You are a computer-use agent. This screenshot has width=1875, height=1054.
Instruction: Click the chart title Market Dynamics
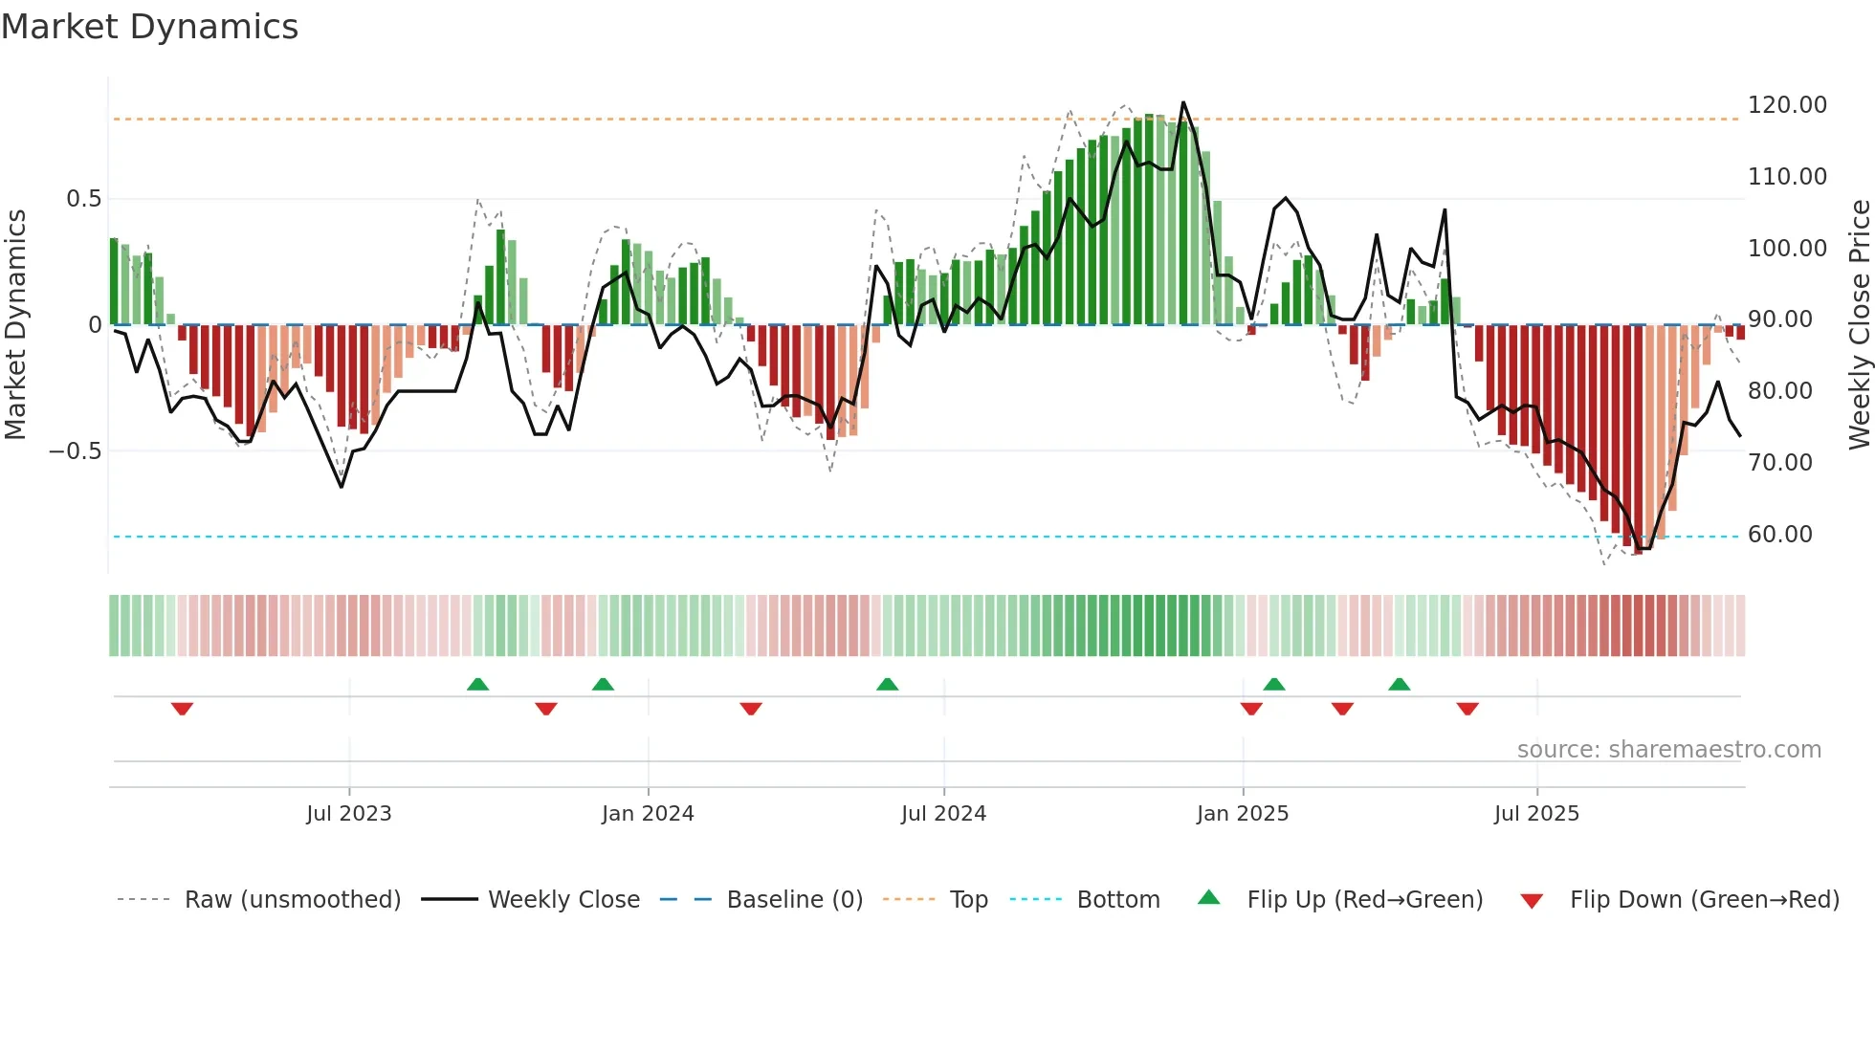pyautogui.click(x=149, y=27)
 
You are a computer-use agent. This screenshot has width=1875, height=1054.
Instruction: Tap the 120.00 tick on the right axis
pyautogui.click(x=1786, y=105)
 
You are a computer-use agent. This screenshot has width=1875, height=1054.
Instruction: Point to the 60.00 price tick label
pyautogui.click(x=1779, y=535)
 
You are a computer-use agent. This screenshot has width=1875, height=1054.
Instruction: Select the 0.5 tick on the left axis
pyautogui.click(x=83, y=199)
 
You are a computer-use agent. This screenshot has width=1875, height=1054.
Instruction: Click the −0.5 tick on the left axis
pyautogui.click(x=75, y=451)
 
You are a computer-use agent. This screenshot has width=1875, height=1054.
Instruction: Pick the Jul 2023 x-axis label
pyautogui.click(x=348, y=814)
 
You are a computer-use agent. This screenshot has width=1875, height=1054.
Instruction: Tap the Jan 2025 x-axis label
pyautogui.click(x=1242, y=814)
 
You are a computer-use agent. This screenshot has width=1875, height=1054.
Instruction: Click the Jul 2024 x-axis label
pyautogui.click(x=943, y=814)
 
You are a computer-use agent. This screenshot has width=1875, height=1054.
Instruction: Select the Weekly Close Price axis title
pyautogui.click(x=1859, y=324)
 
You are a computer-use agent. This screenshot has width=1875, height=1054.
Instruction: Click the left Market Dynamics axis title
pyautogui.click(x=15, y=324)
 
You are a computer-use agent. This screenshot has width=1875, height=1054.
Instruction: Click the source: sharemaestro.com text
pyautogui.click(x=1668, y=750)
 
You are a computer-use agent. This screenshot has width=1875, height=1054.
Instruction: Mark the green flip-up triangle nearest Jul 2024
pyautogui.click(x=887, y=685)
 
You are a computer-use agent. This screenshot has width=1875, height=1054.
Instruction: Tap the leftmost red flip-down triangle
pyautogui.click(x=182, y=709)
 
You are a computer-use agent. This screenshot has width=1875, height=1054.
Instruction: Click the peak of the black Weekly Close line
pyautogui.click(x=1183, y=102)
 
